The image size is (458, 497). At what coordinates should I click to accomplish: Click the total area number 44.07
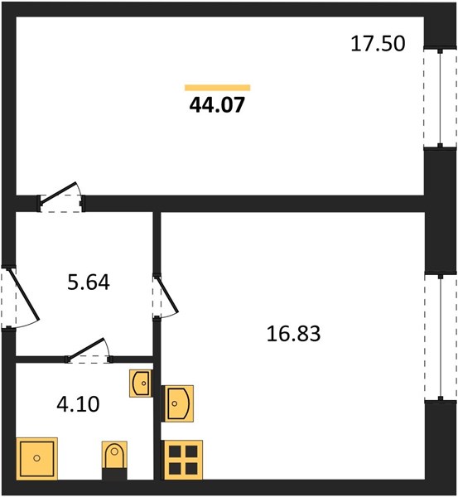click(217, 105)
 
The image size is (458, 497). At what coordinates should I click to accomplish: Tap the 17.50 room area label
click(378, 44)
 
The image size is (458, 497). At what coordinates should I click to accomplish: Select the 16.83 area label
click(293, 334)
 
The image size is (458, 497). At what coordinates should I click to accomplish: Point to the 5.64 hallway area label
click(89, 282)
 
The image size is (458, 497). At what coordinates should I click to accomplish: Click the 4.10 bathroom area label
click(78, 404)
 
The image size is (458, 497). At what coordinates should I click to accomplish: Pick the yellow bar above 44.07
click(218, 88)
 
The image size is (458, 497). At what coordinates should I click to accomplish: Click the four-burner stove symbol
click(183, 460)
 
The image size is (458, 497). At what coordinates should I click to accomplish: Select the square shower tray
click(36, 458)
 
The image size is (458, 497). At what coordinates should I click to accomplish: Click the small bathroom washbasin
click(140, 384)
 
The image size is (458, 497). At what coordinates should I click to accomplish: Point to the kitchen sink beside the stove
click(178, 403)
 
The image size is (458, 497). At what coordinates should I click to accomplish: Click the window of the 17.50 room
click(440, 99)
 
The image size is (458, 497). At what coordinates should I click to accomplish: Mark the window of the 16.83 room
click(441, 337)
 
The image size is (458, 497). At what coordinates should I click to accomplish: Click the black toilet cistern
click(114, 473)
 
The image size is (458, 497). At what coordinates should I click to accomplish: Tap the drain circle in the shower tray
click(36, 458)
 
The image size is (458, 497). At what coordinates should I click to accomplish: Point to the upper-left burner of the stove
click(175, 451)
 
